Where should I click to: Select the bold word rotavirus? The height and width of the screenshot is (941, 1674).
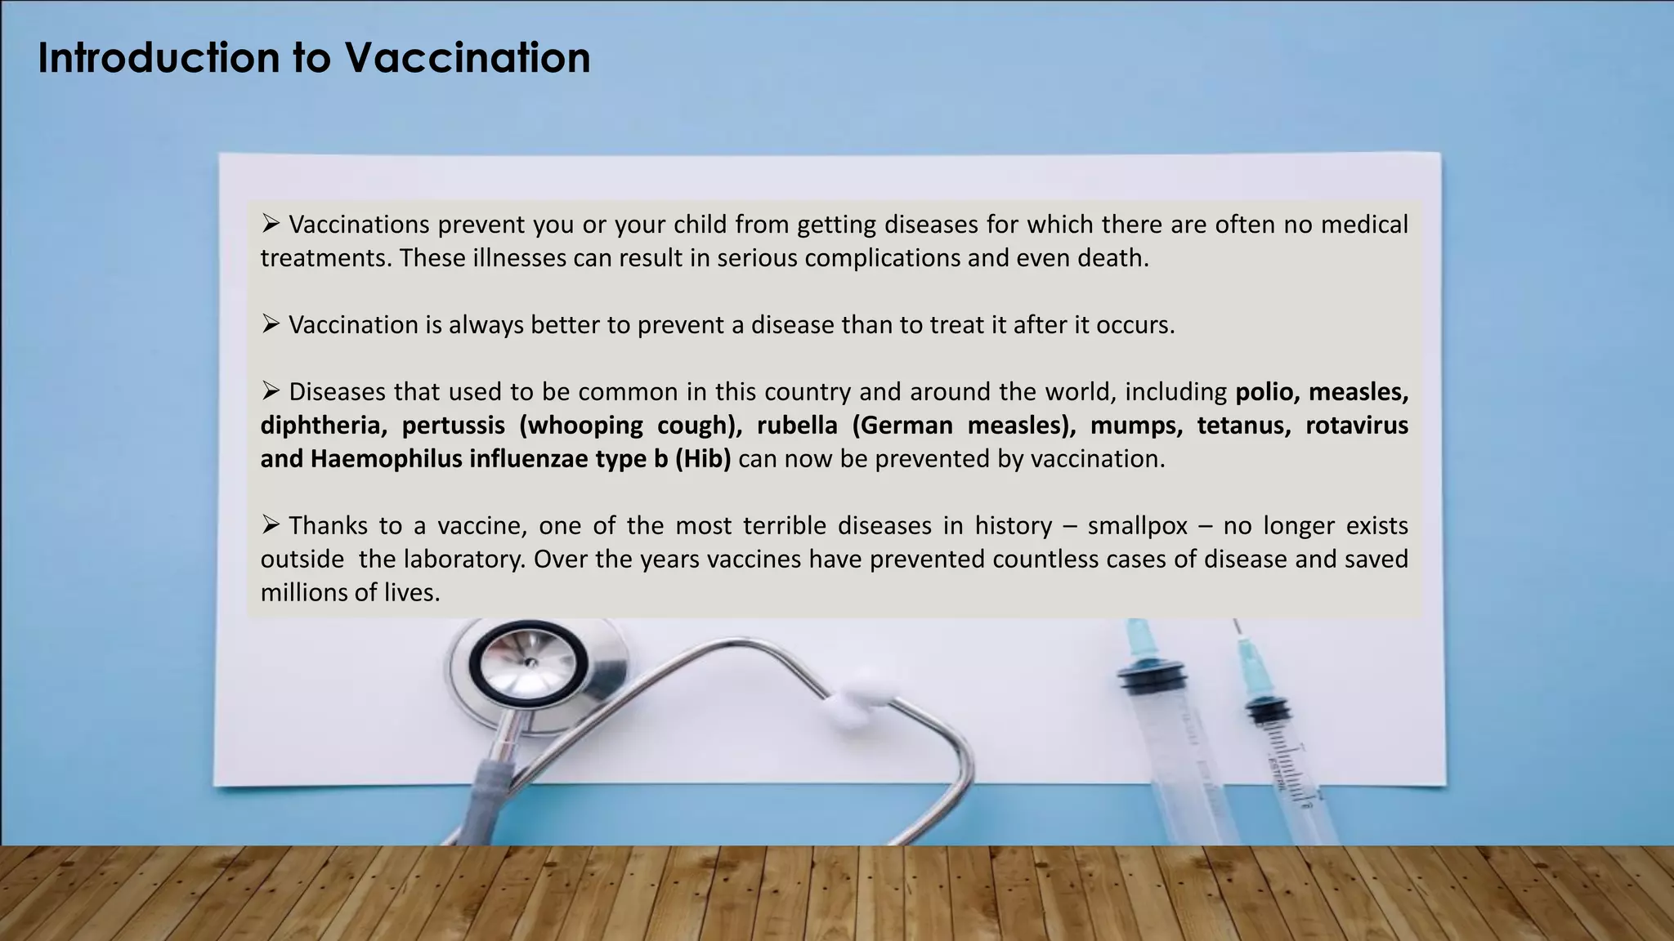point(1356,426)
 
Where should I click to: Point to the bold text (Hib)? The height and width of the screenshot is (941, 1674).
point(702,459)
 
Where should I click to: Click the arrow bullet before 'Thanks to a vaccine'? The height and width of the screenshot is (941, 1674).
point(271,524)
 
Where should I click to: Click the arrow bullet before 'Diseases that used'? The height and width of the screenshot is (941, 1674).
point(271,391)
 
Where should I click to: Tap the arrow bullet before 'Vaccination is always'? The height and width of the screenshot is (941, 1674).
point(271,324)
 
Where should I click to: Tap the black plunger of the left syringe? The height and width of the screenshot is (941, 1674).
point(1152,677)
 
